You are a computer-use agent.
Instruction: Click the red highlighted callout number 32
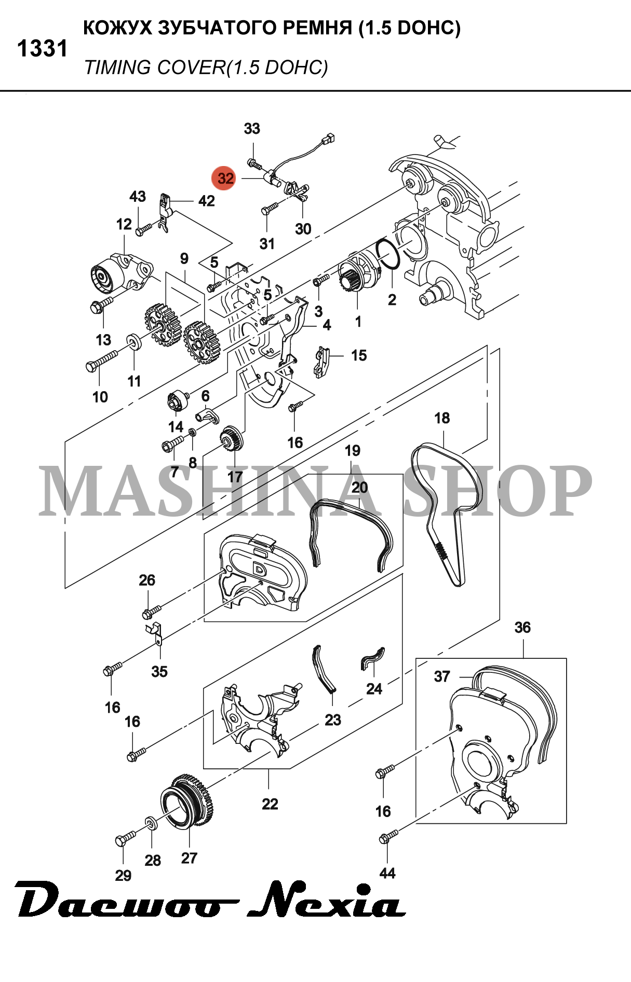(x=225, y=178)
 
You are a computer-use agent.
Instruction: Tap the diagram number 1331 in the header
(x=42, y=49)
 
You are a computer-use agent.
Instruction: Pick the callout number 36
(x=522, y=628)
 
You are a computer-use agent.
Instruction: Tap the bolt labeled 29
(x=125, y=838)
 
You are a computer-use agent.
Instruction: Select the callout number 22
(x=270, y=804)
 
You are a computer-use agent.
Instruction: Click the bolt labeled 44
(x=389, y=836)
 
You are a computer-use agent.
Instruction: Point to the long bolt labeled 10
(x=102, y=361)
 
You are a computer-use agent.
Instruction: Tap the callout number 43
(x=138, y=197)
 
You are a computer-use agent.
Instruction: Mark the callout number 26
(x=147, y=580)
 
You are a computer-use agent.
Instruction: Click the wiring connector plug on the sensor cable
(x=328, y=138)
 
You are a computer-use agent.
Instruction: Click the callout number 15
(x=359, y=356)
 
